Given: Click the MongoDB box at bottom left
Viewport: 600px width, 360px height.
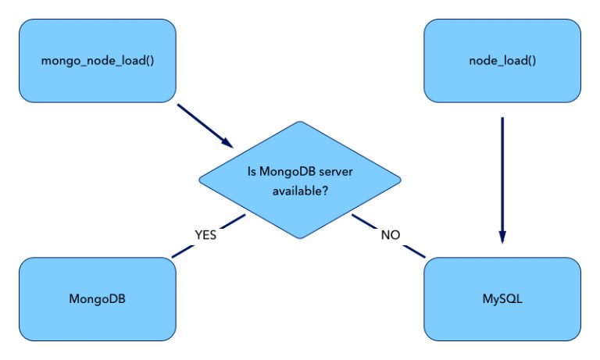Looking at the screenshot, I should [97, 298].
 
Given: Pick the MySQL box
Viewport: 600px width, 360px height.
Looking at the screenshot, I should [502, 298].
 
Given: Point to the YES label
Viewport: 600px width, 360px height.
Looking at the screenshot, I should [205, 234].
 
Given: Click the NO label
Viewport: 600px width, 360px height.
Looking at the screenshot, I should [391, 234].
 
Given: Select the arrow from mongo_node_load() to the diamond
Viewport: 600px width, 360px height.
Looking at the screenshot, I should [203, 125].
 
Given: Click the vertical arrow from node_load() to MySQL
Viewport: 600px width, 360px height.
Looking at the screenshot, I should [502, 180].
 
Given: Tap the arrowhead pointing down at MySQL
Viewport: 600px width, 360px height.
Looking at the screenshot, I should [502, 238].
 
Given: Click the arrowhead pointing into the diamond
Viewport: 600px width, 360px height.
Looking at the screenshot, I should [227, 143].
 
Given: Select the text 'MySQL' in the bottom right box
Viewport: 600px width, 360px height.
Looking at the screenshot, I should [502, 298].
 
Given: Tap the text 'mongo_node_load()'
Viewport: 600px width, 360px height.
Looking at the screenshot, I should [97, 61].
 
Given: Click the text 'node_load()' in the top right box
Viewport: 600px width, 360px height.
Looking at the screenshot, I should [502, 61].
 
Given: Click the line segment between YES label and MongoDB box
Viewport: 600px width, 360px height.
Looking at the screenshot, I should [181, 250].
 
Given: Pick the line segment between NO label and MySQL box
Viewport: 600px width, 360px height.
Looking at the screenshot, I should [415, 251].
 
